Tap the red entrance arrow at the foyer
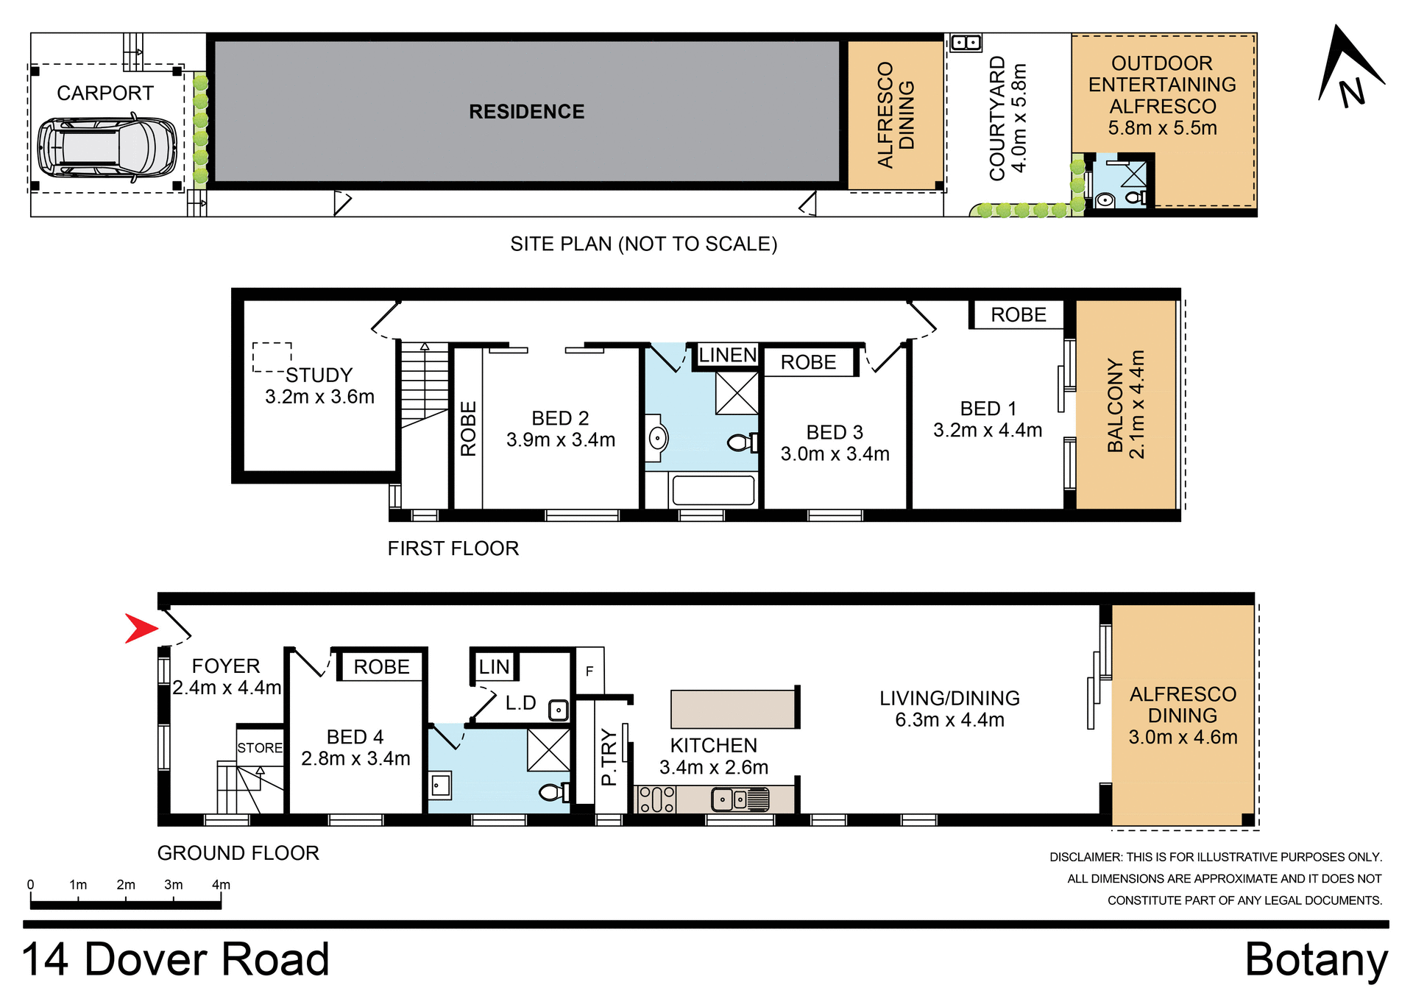tap(140, 628)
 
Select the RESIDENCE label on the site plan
tap(526, 112)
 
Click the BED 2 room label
tap(560, 418)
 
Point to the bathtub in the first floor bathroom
tap(713, 490)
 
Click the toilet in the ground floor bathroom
tap(553, 793)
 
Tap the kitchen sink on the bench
tap(739, 799)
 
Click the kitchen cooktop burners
tap(656, 799)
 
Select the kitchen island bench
tap(734, 708)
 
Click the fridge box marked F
tap(589, 671)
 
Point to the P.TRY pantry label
tap(609, 757)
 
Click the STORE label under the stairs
tap(260, 748)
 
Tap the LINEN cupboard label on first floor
tap(727, 355)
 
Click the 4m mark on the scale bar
tap(221, 886)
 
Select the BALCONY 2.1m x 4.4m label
tap(1125, 404)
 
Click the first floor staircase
tap(425, 383)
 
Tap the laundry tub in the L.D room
tap(559, 710)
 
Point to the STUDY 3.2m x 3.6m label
tap(319, 386)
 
